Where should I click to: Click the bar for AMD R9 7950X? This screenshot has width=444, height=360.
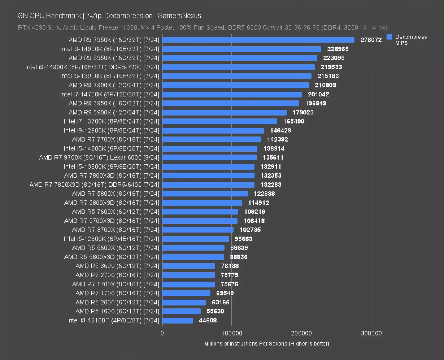click(x=258, y=40)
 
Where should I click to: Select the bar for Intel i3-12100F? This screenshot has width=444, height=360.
click(x=178, y=320)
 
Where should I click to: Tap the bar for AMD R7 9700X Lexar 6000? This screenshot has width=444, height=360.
click(x=209, y=158)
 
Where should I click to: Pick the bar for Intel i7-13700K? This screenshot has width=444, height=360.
click(x=220, y=121)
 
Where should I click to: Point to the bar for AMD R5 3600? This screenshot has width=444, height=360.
click(x=189, y=266)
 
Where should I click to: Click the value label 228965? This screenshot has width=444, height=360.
click(x=338, y=49)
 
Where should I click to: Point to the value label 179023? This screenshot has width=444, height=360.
click(x=303, y=112)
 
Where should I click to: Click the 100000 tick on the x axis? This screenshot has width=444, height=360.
click(x=232, y=333)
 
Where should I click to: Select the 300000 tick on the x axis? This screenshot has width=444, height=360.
click(x=371, y=333)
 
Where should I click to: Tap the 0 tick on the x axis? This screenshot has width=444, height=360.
click(x=162, y=333)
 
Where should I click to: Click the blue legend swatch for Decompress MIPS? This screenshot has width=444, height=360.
click(x=389, y=37)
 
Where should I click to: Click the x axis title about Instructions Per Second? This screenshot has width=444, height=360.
click(x=266, y=344)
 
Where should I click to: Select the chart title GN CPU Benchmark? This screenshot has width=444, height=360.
click(x=109, y=16)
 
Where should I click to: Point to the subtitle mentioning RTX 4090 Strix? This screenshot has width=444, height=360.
click(x=202, y=28)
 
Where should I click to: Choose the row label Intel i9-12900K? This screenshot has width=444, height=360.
click(x=111, y=130)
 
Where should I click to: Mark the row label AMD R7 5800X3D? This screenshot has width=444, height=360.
click(x=112, y=203)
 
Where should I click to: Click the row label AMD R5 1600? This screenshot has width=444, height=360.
click(x=117, y=311)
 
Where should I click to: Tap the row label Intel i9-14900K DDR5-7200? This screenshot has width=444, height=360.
click(x=92, y=67)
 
